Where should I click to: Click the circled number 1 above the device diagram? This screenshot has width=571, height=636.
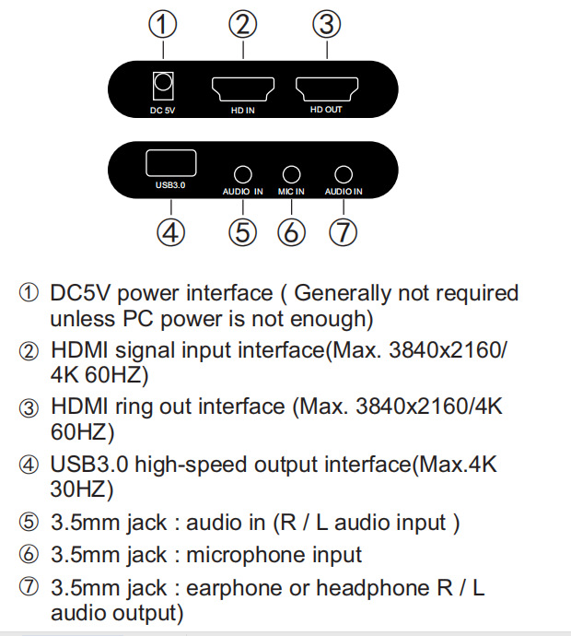[x=162, y=24]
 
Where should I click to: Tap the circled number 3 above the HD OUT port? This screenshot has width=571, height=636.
[x=327, y=24]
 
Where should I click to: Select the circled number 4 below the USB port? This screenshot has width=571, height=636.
[x=170, y=232]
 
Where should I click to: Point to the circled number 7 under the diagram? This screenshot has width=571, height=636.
[x=344, y=232]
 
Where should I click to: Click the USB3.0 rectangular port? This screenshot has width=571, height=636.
[x=171, y=163]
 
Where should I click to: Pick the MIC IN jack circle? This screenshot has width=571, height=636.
[x=291, y=175]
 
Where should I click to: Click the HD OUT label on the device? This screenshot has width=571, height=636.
[x=326, y=110]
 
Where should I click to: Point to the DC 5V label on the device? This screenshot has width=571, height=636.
[x=162, y=111]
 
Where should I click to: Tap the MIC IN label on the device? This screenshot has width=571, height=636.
[x=291, y=192]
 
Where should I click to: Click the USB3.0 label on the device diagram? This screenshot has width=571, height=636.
[x=170, y=185]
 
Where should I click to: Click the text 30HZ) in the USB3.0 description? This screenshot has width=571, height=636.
[x=82, y=489]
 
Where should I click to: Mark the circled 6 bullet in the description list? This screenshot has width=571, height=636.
[x=29, y=554]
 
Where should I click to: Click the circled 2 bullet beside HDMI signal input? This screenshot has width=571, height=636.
[x=29, y=351]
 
